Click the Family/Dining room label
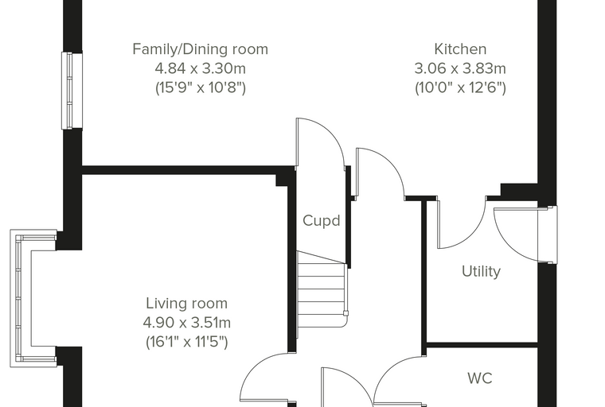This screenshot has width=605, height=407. tap(200, 49)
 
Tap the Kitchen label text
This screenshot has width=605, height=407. tap(460, 49)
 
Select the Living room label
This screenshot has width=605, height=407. tap(187, 304)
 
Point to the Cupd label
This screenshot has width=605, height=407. tap(322, 220)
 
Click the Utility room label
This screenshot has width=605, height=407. tap(481, 271)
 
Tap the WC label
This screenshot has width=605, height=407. tap(480, 378)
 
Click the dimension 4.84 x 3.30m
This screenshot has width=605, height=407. tap(201, 68)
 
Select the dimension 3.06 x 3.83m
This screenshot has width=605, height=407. tap(460, 68)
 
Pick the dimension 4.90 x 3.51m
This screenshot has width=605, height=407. tap(187, 323)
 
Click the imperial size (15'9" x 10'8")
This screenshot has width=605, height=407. tap(201, 88)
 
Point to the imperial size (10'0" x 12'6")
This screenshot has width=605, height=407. tap(460, 88)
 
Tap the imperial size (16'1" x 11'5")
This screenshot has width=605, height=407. tap(187, 342)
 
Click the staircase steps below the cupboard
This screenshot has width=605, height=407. tap(322, 289)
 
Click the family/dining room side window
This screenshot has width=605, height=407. tap(72, 91)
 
